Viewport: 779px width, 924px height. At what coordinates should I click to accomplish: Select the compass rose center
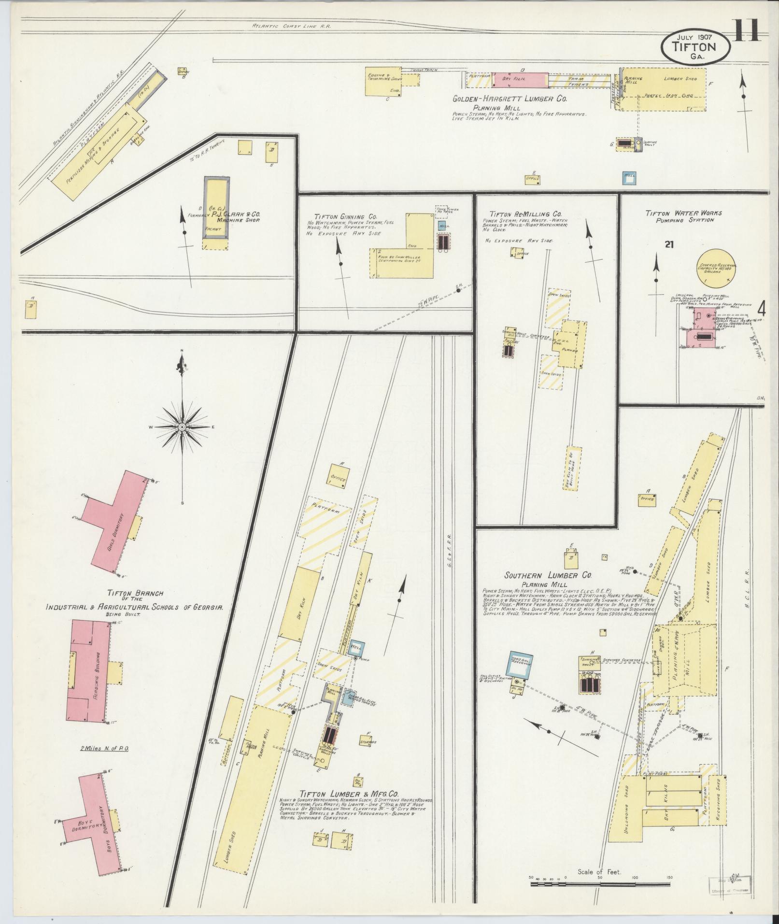tap(183, 427)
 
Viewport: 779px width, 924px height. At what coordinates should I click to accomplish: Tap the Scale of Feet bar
tap(600, 884)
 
